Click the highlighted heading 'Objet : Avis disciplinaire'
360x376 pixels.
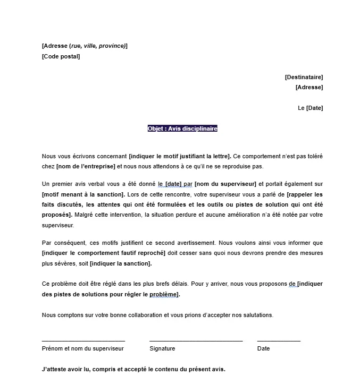pyautogui.click(x=182, y=129)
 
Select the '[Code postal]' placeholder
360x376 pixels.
pyautogui.click(x=61, y=56)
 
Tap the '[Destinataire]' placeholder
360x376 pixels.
pyautogui.click(x=304, y=77)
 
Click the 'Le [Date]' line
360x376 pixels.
pyautogui.click(x=310, y=108)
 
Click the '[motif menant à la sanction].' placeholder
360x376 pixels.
pyautogui.click(x=82, y=194)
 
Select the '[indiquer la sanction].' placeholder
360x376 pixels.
pyautogui.click(x=121, y=263)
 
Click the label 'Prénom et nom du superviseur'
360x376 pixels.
pyautogui.click(x=82, y=348)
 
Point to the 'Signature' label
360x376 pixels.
pyautogui.click(x=162, y=348)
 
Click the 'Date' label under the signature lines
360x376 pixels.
pyautogui.click(x=263, y=348)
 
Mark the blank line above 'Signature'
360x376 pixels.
pyautogui.click(x=196, y=340)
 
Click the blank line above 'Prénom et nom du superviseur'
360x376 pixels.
pyautogui.click(x=83, y=340)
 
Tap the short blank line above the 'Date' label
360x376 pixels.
pyautogui.click(x=278, y=340)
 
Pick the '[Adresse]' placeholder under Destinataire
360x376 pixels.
pyautogui.click(x=309, y=87)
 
